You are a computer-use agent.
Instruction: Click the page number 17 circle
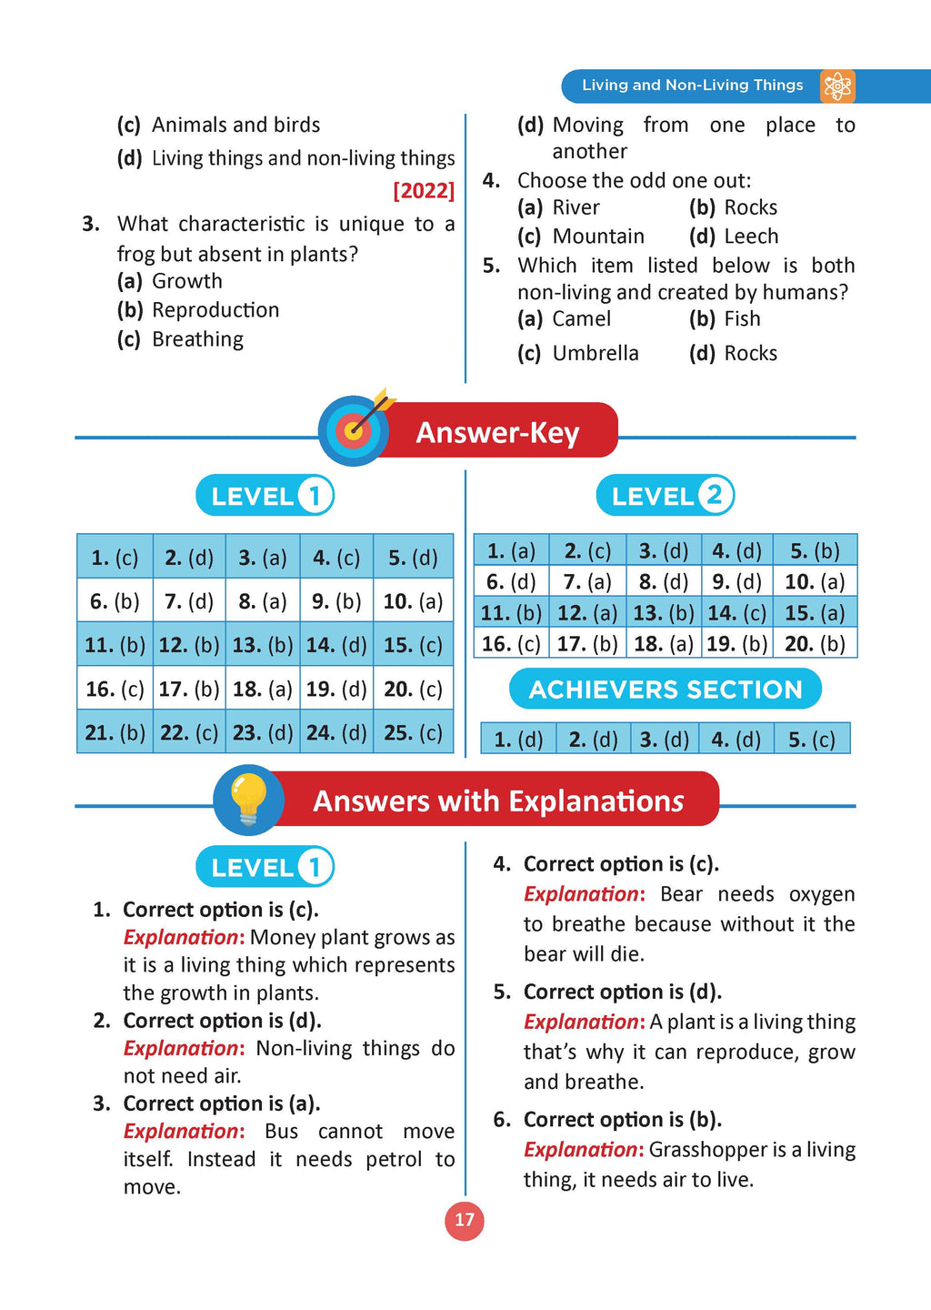[x=465, y=1220]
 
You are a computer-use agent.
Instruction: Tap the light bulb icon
[x=248, y=801]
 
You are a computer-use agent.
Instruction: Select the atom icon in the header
[x=836, y=86]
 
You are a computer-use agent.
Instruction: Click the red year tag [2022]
[x=424, y=191]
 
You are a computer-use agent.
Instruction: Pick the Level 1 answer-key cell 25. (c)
[x=413, y=732]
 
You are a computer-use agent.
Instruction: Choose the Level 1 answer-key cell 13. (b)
[x=262, y=645]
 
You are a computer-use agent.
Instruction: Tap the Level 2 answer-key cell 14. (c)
[x=736, y=613]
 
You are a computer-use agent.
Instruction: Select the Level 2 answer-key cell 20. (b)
[x=815, y=644]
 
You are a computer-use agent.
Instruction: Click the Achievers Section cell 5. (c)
[x=811, y=740]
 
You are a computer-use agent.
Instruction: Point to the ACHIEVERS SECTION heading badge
[x=666, y=690]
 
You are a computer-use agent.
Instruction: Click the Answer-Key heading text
[x=497, y=432]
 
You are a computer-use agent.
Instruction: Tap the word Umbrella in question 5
[x=596, y=353]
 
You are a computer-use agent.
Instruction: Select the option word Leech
[x=751, y=237]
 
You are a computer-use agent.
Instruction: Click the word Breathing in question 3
[x=197, y=339]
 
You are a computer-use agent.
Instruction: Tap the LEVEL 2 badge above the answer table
[x=666, y=496]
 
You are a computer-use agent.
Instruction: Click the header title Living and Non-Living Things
[x=693, y=86]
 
